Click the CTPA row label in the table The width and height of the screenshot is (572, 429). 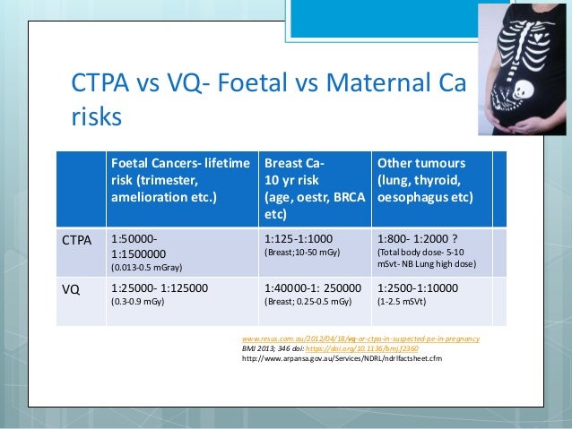pyautogui.click(x=77, y=240)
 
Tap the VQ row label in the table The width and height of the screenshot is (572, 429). pyautogui.click(x=70, y=288)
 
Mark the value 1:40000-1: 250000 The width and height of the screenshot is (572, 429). pyautogui.click(x=314, y=288)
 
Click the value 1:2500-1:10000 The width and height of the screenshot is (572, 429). pyautogui.click(x=419, y=288)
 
